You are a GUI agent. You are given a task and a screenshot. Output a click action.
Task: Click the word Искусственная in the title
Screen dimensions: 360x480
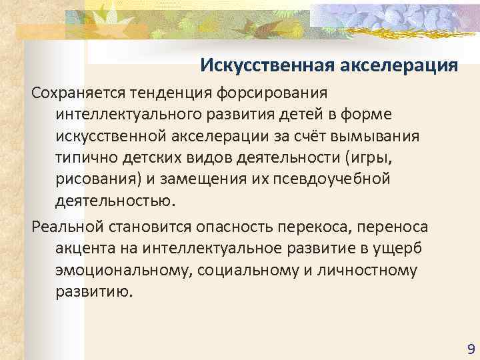click(261, 65)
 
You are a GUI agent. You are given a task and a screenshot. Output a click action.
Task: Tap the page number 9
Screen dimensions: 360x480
click(471, 349)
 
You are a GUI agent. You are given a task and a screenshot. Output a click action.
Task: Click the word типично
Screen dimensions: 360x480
click(85, 159)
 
